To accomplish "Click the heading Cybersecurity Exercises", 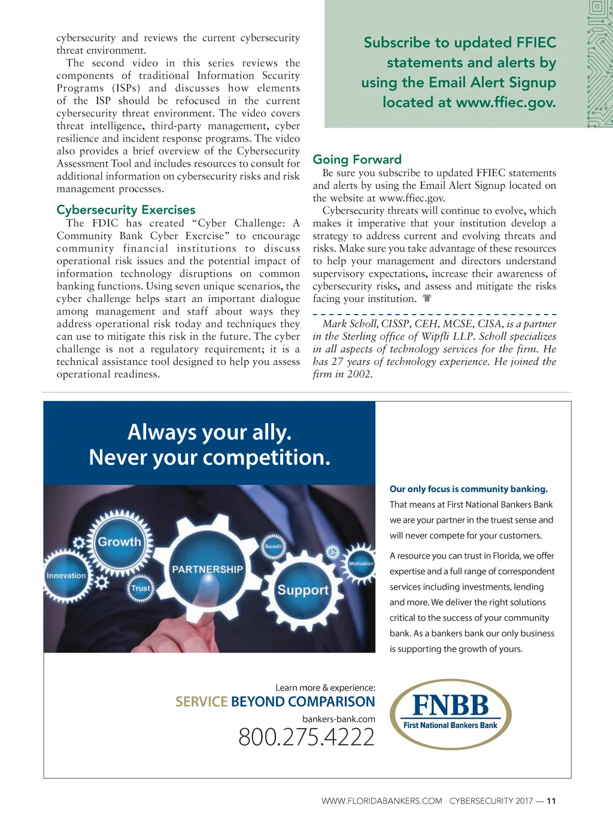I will tap(126, 210).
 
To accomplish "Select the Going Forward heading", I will tap(357, 159).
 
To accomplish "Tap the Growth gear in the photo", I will tap(120, 542).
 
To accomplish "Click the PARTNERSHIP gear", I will tap(207, 569).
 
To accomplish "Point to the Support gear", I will tap(302, 590).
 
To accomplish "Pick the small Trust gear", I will tap(141, 588).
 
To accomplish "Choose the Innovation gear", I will tap(66, 575).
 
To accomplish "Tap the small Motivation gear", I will tap(360, 564).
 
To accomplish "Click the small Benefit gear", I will tap(274, 547).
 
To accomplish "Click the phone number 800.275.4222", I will tap(306, 737).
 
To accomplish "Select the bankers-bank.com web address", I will tap(338, 719).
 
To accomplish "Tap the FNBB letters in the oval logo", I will tap(450, 705).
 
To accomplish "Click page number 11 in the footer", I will tap(551, 801).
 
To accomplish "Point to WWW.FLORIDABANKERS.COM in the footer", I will tap(381, 801).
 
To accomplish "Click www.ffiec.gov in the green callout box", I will tap(505, 102).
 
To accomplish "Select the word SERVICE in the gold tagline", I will tap(201, 702).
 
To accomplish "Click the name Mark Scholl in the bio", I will tap(350, 324).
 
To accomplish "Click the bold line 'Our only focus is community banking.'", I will tap(468, 489).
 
